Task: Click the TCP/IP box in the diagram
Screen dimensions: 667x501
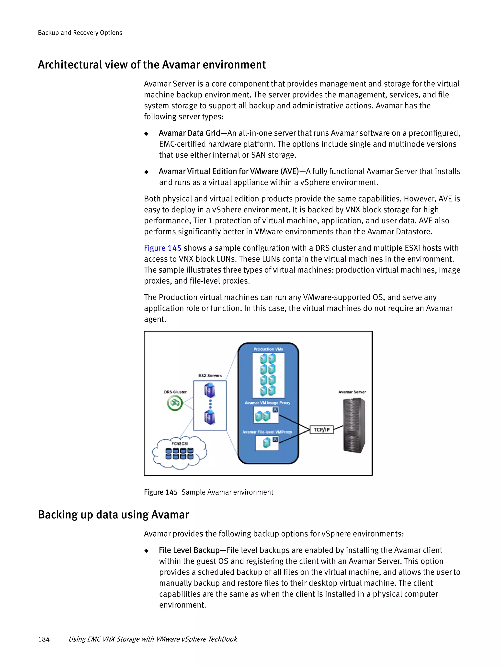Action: click(322, 430)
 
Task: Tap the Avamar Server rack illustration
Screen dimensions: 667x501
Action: click(354, 425)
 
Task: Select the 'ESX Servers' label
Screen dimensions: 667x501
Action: click(210, 375)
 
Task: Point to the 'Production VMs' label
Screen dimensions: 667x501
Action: click(268, 349)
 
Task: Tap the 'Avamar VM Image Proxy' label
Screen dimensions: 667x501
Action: click(267, 403)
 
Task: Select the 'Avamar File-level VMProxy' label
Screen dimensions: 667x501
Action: click(267, 432)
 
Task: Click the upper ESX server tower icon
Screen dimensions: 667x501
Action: click(210, 390)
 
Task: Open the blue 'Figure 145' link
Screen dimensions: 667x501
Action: click(162, 248)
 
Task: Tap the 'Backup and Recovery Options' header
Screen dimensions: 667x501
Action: click(80, 33)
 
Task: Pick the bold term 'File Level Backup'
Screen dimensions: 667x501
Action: click(189, 550)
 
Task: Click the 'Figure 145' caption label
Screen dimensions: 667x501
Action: click(161, 492)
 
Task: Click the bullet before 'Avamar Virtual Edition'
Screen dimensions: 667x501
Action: click(147, 172)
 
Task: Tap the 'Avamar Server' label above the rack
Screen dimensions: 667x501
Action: click(352, 392)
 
